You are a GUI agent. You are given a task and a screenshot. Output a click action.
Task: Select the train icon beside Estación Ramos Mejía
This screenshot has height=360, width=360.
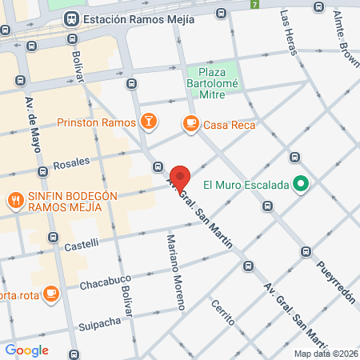coord(71,18)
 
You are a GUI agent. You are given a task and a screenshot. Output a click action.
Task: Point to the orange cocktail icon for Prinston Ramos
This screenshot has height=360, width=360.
coord(148,122)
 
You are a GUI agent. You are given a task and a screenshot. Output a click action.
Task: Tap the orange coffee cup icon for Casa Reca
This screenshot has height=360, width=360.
coord(190,123)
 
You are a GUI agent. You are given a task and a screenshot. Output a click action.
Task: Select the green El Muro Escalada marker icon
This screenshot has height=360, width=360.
coord(301,185)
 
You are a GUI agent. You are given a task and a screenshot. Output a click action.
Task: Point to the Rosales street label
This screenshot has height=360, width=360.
coord(71,163)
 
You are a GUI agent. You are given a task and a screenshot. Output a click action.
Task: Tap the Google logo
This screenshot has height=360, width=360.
coord(26,350)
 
